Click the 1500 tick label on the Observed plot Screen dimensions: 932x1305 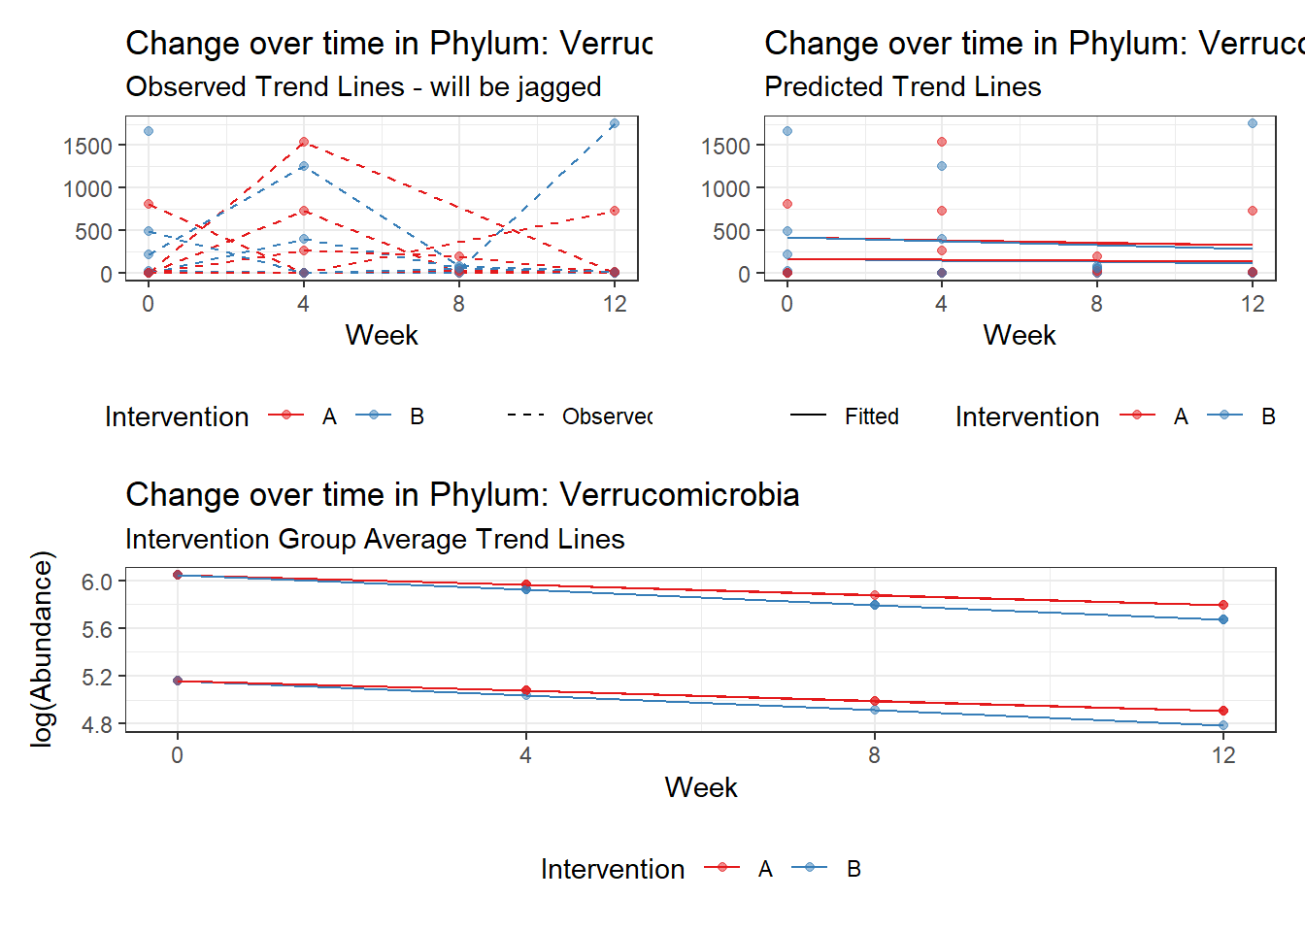(87, 146)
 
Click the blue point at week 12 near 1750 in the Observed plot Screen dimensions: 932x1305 (615, 123)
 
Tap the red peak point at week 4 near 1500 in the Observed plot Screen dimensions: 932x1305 (304, 142)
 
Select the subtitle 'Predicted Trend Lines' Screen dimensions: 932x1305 (902, 87)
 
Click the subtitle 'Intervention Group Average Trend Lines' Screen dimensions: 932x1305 (375, 540)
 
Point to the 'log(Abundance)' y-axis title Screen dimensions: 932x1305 (42, 649)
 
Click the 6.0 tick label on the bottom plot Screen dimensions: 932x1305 (97, 582)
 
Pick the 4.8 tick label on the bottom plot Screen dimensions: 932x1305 (97, 724)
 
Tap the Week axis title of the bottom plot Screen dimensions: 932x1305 (701, 787)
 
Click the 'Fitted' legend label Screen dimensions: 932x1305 (871, 416)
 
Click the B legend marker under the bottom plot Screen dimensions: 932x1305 (810, 868)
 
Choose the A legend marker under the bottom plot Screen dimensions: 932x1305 (721, 868)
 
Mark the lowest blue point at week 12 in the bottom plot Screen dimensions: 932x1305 (1223, 725)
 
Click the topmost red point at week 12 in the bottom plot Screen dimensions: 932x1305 (1223, 605)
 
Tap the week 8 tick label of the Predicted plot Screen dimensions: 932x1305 (1096, 304)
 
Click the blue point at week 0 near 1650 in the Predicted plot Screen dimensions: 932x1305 (787, 131)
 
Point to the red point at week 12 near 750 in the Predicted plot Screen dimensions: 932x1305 (1253, 211)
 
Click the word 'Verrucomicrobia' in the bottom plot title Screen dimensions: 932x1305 (680, 495)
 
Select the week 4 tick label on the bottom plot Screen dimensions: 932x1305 (526, 755)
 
